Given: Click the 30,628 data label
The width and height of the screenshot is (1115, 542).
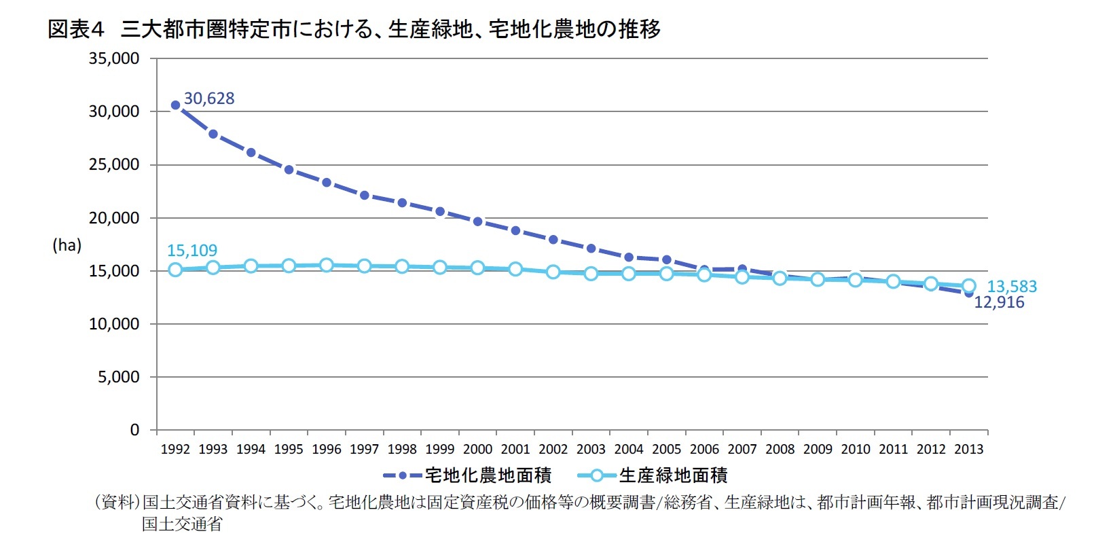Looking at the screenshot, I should click(209, 98).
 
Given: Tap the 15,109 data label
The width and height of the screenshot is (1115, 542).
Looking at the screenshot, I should click(192, 251).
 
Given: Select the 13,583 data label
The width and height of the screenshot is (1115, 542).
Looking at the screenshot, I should click(1012, 287).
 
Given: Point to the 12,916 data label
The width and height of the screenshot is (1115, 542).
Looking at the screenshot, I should click(999, 303).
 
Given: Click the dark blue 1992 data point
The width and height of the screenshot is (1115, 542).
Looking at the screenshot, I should click(175, 105).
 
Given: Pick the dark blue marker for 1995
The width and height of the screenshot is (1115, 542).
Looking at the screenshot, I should click(289, 170).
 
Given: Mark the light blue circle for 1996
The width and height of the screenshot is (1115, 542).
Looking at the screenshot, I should click(327, 265).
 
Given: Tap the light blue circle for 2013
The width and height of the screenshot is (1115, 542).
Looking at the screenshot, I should click(969, 286).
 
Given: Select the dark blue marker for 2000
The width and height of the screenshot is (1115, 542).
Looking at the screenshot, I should click(478, 221).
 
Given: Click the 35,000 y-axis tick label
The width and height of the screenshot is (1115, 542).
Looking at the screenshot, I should click(114, 59).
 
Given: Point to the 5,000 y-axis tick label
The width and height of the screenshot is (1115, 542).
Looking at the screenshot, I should click(118, 377).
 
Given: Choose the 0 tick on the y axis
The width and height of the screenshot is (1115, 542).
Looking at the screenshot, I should click(134, 430).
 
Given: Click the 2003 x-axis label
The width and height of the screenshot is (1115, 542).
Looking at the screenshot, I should click(591, 450).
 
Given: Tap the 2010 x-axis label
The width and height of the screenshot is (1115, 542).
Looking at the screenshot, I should click(856, 450).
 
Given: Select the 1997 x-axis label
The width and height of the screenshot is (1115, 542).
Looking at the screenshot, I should click(364, 450).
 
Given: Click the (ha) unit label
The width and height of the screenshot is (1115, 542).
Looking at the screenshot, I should click(67, 245).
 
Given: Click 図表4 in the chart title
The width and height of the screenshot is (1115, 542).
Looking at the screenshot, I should click(75, 29).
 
